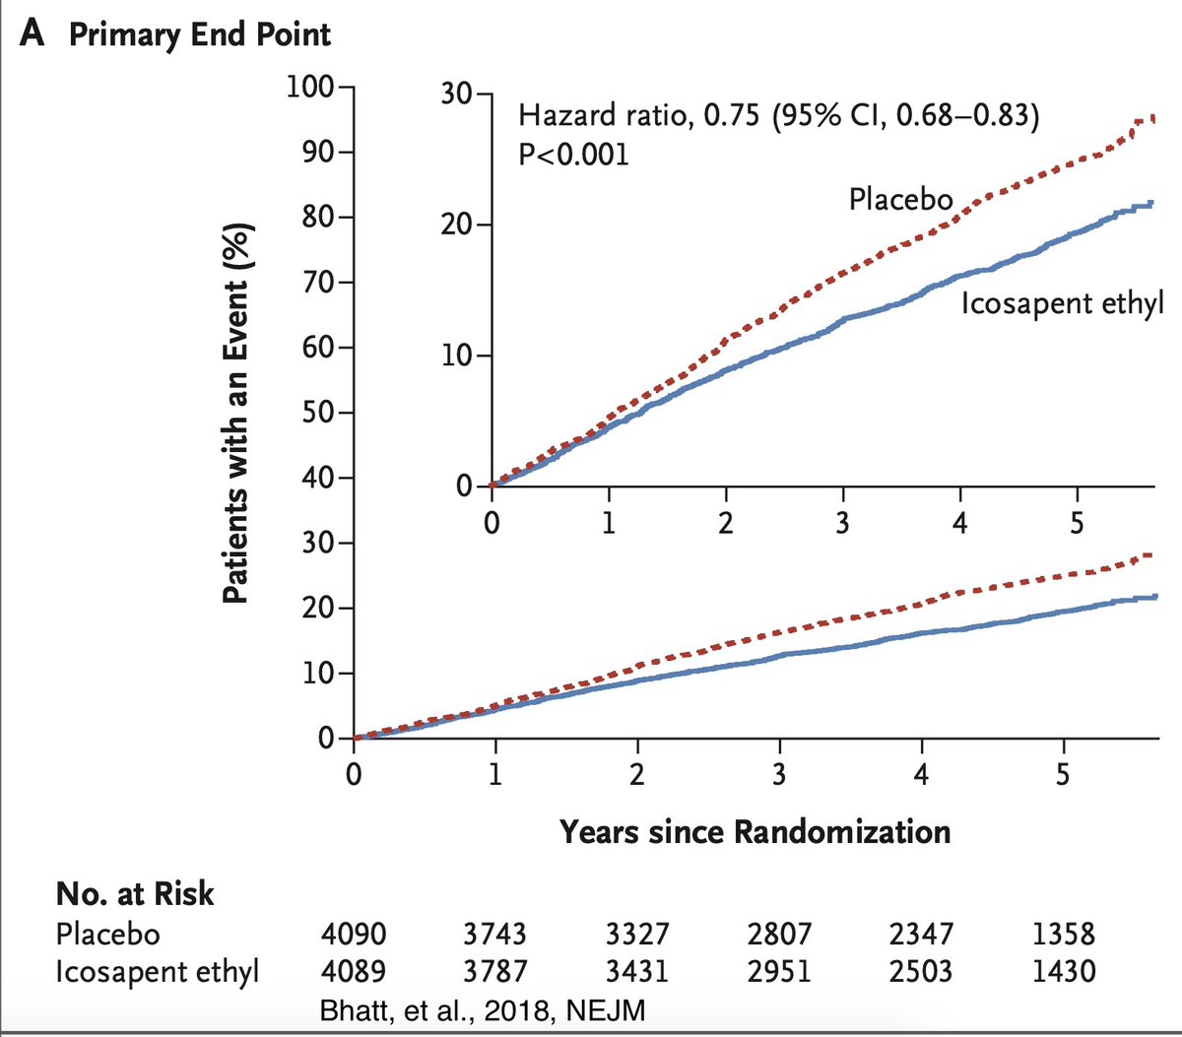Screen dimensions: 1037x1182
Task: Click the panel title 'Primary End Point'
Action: point(199,34)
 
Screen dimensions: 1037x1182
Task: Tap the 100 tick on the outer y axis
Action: point(310,88)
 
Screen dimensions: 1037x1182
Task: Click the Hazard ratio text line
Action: point(778,116)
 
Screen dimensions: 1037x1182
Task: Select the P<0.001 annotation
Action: point(573,155)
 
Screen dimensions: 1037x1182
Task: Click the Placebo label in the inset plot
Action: point(900,200)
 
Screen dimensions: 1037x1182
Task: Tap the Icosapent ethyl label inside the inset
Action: point(1062,303)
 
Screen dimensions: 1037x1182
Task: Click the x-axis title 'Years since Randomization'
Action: point(755,832)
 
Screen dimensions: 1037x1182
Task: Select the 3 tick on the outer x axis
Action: point(778,774)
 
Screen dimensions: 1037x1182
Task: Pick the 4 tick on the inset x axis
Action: point(959,522)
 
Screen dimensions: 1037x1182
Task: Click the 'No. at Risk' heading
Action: point(135,893)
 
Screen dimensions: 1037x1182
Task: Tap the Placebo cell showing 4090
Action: point(354,934)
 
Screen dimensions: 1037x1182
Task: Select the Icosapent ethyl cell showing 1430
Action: point(1063,971)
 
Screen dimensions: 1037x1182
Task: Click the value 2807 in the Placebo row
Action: point(778,934)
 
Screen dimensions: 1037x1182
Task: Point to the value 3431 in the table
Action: point(636,971)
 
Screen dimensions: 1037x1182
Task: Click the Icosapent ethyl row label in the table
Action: point(157,971)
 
